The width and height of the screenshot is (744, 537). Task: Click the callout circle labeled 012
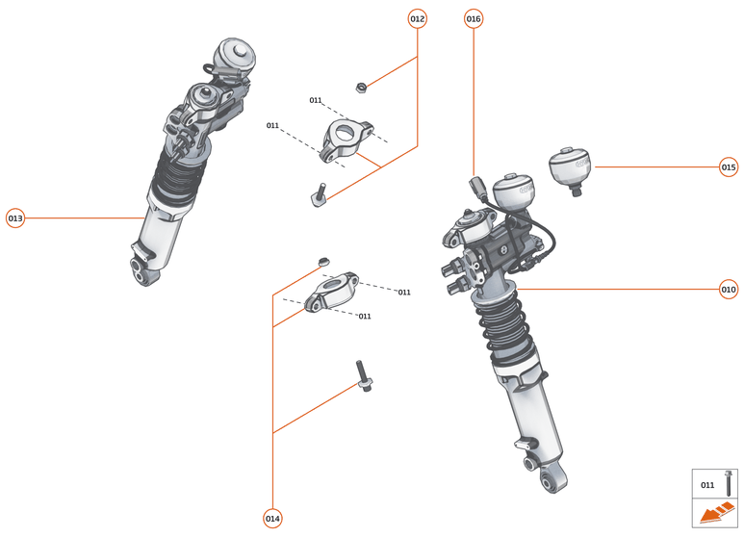(417, 18)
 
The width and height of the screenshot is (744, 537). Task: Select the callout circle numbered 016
(474, 18)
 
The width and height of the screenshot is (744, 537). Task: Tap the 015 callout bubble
(729, 166)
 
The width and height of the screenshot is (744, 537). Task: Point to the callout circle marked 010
(729, 289)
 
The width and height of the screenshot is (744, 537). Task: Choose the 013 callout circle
(15, 217)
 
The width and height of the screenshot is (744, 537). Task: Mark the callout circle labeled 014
(272, 519)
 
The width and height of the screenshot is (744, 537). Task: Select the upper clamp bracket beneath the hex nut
(347, 138)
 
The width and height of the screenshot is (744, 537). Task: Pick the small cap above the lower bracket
(324, 260)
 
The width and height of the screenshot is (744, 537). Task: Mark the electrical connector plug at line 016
(475, 187)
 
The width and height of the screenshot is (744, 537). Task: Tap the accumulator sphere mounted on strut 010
(514, 192)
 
